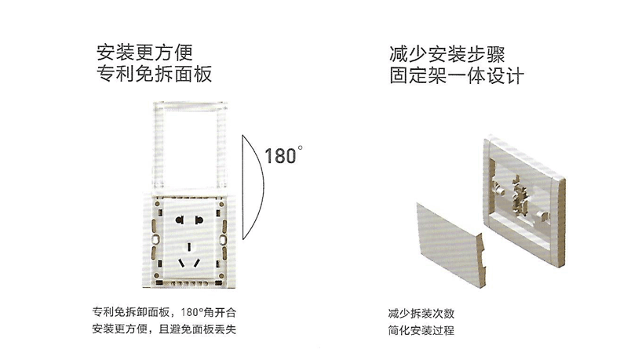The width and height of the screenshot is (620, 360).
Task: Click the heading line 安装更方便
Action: (144, 53)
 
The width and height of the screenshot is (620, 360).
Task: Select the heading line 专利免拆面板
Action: (153, 75)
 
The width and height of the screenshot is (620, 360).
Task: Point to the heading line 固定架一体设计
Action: (456, 77)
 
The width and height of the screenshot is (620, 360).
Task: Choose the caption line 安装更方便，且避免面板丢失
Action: (164, 329)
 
